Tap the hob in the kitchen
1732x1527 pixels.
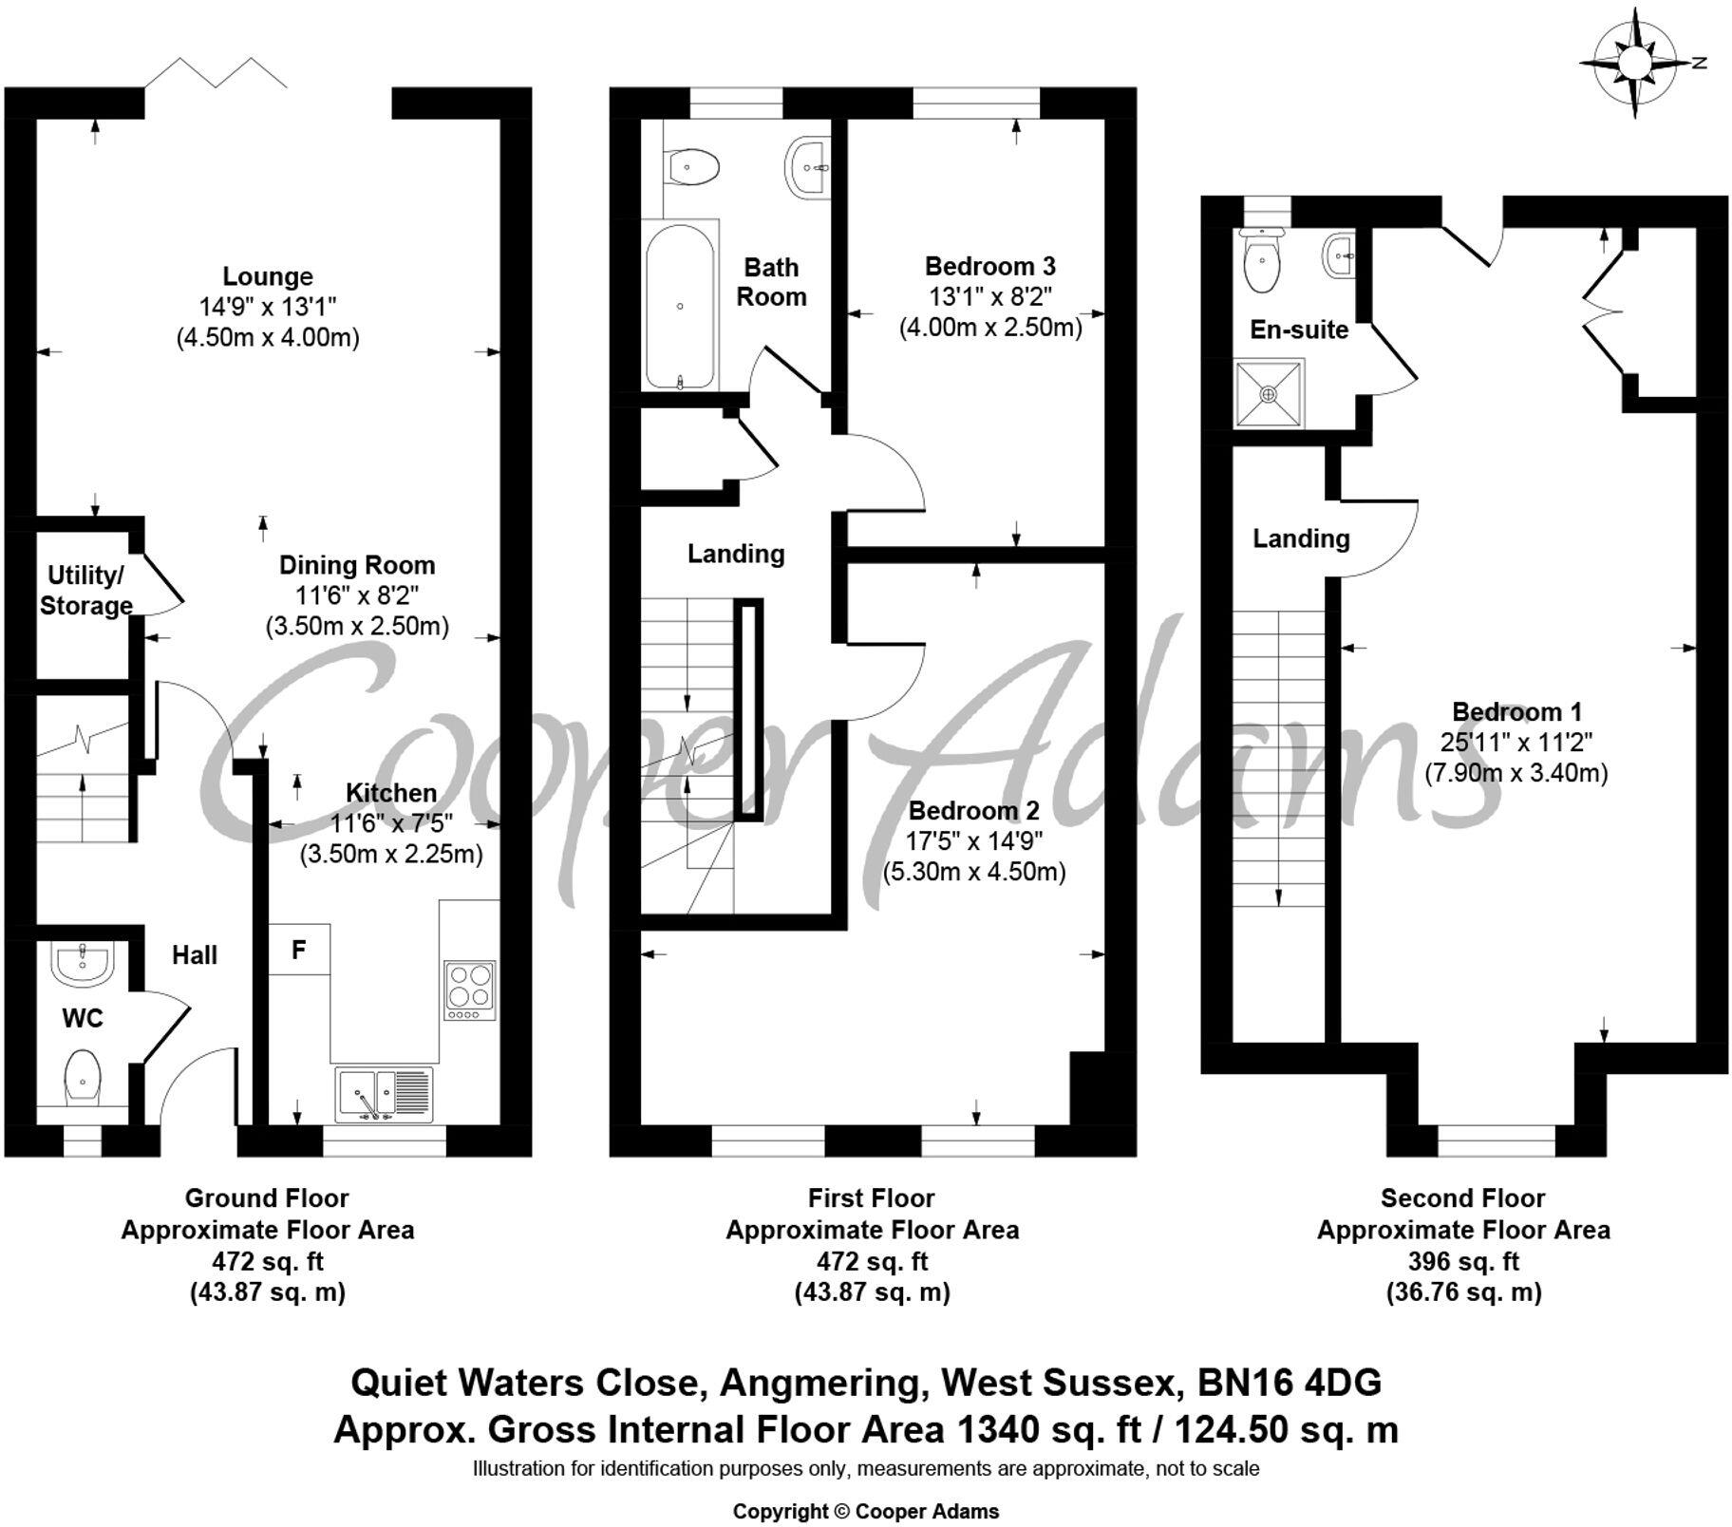pyautogui.click(x=469, y=990)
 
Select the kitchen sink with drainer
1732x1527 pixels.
pyautogui.click(x=385, y=1094)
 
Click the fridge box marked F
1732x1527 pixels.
pyautogui.click(x=299, y=950)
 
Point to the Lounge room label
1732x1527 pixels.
pyautogui.click(x=268, y=276)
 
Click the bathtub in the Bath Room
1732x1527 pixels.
pyautogui.click(x=680, y=306)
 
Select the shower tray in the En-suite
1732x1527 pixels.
pyautogui.click(x=1270, y=393)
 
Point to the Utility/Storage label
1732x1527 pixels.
pyautogui.click(x=85, y=590)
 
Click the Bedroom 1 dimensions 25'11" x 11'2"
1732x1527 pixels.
pyautogui.click(x=1515, y=742)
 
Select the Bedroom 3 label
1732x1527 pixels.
pyautogui.click(x=989, y=266)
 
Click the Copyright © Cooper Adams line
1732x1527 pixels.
pyautogui.click(x=865, y=1511)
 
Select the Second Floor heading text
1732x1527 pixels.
pyautogui.click(x=1462, y=1198)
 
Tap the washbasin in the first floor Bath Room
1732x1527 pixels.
pyautogui.click(x=808, y=167)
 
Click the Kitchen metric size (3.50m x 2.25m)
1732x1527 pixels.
pyautogui.click(x=391, y=854)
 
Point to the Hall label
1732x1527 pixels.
pyautogui.click(x=195, y=955)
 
